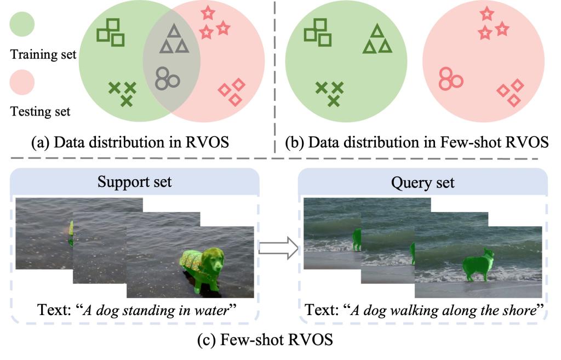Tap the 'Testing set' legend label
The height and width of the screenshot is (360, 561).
tap(41, 112)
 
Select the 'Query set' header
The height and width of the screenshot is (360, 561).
tap(422, 181)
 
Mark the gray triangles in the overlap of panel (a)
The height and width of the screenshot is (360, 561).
tap(174, 40)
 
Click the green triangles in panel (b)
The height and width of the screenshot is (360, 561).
tap(377, 40)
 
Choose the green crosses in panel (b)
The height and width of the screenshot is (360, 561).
tap(330, 92)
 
